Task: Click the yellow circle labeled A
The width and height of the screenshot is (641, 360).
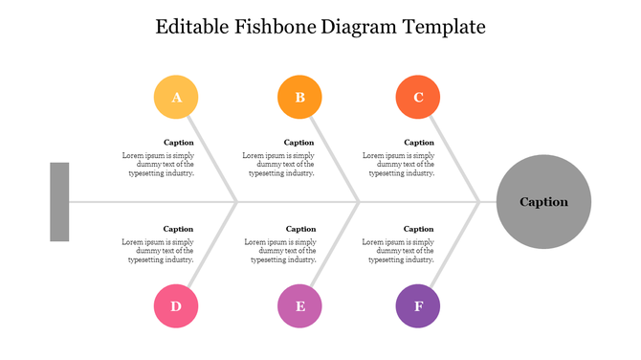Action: point(176,97)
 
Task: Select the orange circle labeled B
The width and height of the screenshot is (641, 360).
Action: point(299,97)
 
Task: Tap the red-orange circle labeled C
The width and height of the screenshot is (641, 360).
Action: point(418,97)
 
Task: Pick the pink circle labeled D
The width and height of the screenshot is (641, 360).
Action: point(176,306)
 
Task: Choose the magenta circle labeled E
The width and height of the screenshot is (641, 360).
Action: point(299,306)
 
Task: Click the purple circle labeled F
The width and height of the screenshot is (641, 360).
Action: point(418,306)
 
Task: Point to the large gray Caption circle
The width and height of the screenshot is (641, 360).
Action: point(543,202)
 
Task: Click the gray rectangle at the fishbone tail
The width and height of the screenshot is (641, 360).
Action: point(59,202)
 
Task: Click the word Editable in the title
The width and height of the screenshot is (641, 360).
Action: point(192,27)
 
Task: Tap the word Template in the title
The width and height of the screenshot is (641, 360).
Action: point(445,27)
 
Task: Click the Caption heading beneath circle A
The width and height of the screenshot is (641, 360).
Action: point(179,143)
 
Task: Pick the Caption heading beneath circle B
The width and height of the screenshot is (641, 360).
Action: point(299,143)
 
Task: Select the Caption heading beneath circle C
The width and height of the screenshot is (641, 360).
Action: point(419,143)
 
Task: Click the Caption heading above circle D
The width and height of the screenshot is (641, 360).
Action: point(179,229)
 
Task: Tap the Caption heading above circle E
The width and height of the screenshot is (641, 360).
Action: point(300,229)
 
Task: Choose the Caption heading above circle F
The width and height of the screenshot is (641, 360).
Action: point(419,229)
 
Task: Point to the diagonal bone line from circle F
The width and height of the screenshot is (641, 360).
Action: point(453,247)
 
